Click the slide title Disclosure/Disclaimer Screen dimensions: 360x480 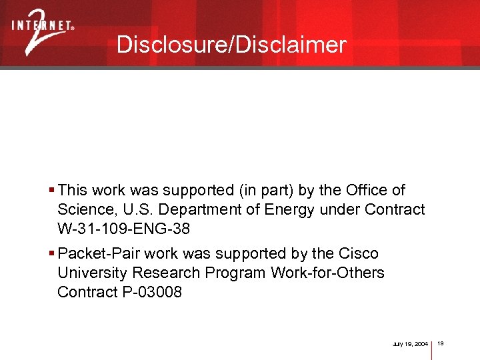pos(231,45)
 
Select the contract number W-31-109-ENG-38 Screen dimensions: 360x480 pos(123,229)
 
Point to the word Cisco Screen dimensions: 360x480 pos(358,254)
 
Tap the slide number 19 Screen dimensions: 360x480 pos(441,343)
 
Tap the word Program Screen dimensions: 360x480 pos(235,273)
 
